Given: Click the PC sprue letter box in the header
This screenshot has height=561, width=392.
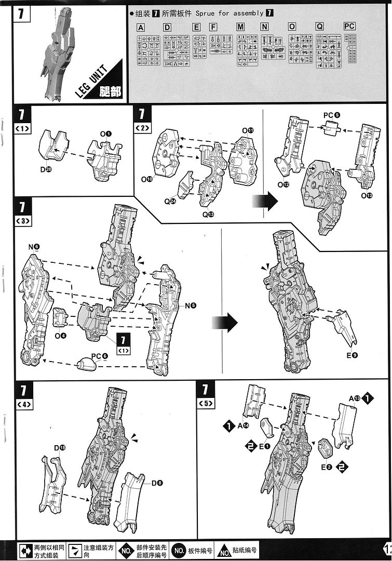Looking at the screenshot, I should (349, 26).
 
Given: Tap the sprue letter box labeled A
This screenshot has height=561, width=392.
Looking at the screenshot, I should (141, 27).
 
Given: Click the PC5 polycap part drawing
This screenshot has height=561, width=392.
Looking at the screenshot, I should (329, 128).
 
